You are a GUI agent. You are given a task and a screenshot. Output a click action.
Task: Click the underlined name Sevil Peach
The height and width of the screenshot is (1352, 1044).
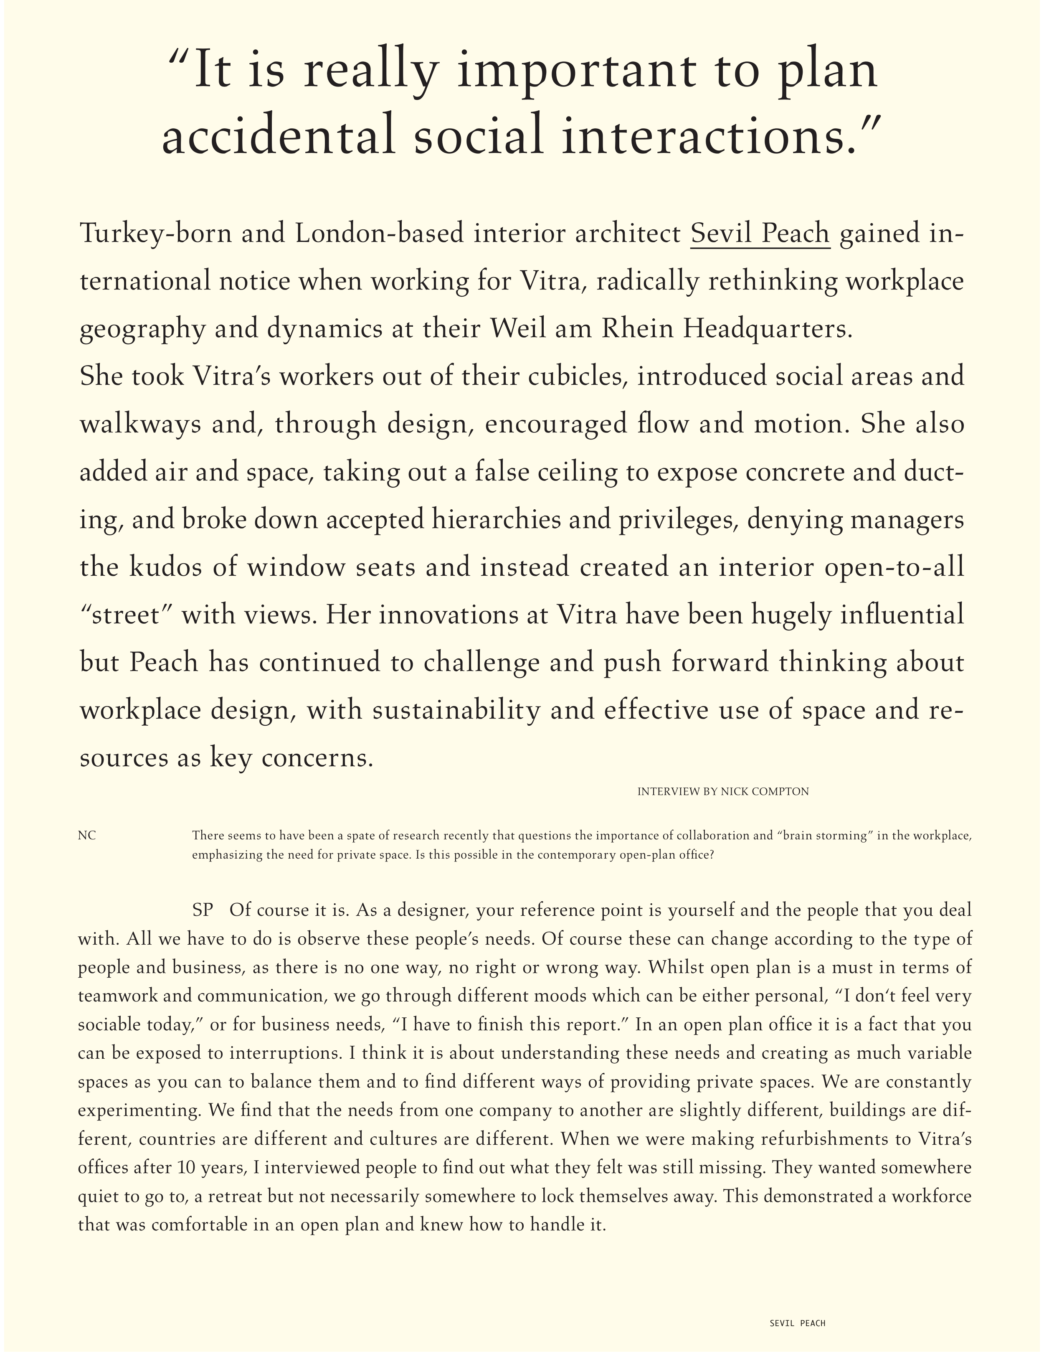click(760, 234)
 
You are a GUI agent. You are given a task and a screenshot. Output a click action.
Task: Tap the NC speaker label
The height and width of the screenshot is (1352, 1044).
click(87, 836)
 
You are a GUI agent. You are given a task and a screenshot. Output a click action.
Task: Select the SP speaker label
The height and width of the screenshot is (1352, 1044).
click(203, 910)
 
